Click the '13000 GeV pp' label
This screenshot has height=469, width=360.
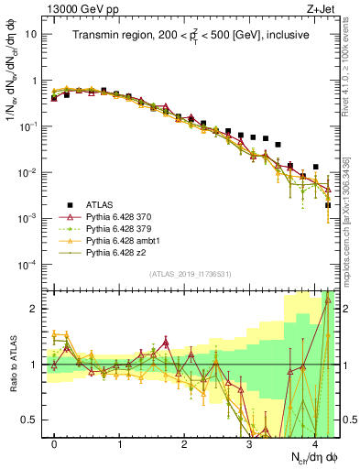coord(80,9)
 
